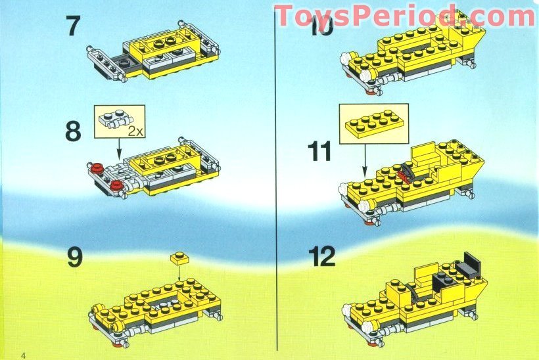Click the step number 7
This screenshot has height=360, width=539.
[74, 26]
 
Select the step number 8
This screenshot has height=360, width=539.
[74, 131]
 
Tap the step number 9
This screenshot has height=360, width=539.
[74, 256]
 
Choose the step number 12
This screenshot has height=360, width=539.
[322, 256]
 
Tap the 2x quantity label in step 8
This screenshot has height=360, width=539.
[135, 131]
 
